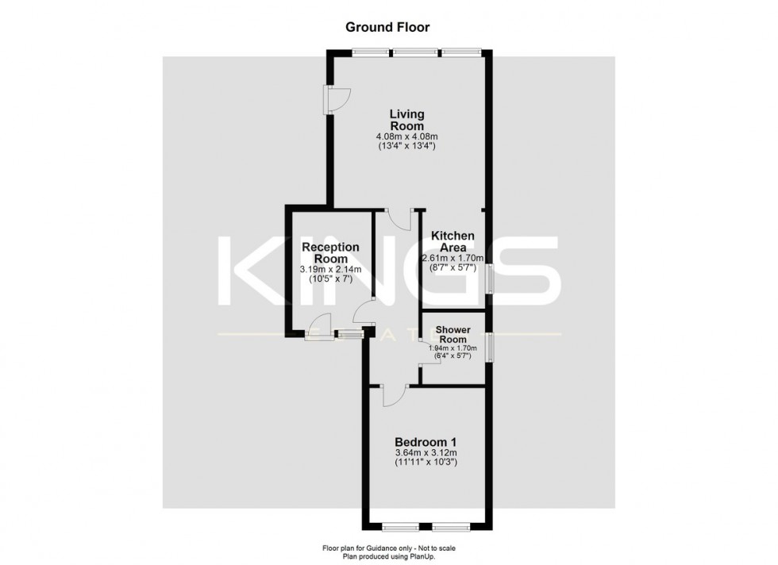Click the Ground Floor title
(387, 27)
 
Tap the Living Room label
(406, 121)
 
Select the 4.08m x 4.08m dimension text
(406, 136)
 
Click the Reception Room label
(329, 253)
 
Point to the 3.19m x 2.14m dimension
(329, 270)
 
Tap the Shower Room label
(453, 334)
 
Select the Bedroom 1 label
(426, 442)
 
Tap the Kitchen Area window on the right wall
(490, 279)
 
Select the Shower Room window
(490, 345)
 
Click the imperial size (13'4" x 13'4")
(406, 147)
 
